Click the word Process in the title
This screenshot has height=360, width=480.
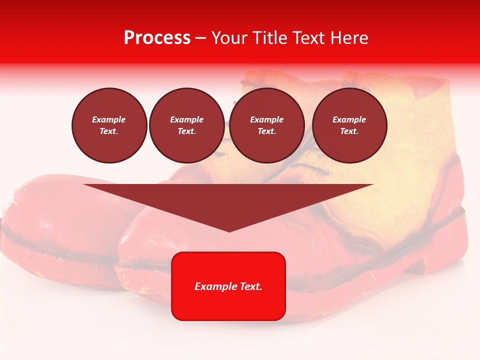(x=157, y=38)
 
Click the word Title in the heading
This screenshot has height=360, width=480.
(x=267, y=38)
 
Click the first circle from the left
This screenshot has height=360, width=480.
(x=109, y=125)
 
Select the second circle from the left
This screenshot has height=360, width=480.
(x=186, y=125)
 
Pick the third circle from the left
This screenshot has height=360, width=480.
(x=266, y=125)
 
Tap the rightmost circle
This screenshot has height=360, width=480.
(x=349, y=125)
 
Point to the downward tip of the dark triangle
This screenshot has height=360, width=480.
(x=229, y=230)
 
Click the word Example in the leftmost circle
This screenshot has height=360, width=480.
(x=109, y=119)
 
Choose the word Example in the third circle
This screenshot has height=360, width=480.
(x=266, y=119)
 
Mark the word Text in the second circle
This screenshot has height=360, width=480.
(x=186, y=131)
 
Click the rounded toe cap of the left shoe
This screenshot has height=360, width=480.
(x=45, y=210)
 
